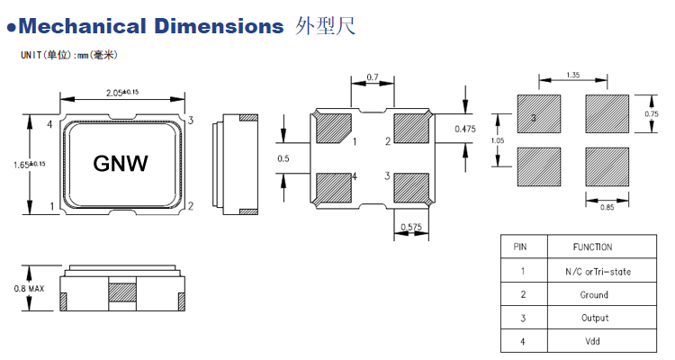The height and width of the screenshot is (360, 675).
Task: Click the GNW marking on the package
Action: (x=121, y=163)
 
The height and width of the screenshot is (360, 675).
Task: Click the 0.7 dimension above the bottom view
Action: (x=373, y=78)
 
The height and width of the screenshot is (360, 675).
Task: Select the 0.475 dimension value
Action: (x=465, y=128)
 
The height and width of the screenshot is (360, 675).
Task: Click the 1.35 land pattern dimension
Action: (x=572, y=75)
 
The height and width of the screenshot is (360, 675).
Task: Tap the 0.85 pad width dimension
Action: (x=607, y=208)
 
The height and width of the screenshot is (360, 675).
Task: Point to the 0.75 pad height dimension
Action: (x=652, y=113)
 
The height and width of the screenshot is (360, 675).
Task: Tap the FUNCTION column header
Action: (x=591, y=247)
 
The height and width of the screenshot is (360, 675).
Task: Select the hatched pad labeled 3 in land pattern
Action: (x=539, y=115)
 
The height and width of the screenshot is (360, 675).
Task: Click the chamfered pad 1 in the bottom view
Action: (x=332, y=128)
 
